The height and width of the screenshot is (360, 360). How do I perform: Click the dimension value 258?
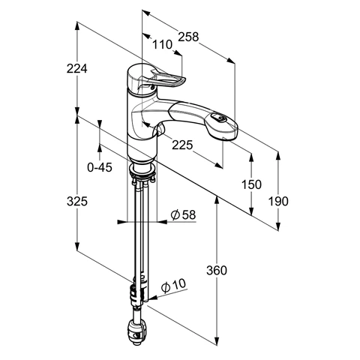[x=188, y=37]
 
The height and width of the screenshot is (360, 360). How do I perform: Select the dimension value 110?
[x=162, y=45]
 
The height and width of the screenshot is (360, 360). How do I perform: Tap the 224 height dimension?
[x=77, y=68]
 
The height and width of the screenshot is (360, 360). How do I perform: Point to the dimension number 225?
[x=182, y=145]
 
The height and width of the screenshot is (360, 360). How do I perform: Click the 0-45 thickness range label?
[x=100, y=167]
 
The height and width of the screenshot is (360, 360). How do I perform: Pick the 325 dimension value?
[x=77, y=201]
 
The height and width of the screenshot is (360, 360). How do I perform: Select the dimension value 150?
[x=251, y=184]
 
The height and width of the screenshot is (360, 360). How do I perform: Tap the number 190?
[x=278, y=201]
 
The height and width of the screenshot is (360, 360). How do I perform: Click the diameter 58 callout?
[x=183, y=214]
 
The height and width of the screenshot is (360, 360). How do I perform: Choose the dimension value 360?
[x=217, y=270]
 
